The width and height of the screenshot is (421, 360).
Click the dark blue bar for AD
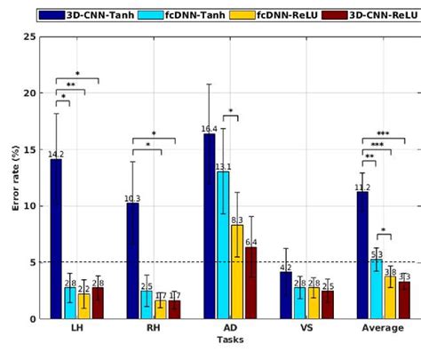[210, 226]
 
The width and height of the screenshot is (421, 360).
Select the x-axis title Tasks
[230, 340]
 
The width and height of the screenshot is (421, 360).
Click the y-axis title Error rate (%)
[14, 178]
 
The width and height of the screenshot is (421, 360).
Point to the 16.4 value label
[209, 129]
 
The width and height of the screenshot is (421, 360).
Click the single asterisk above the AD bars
[230, 112]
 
